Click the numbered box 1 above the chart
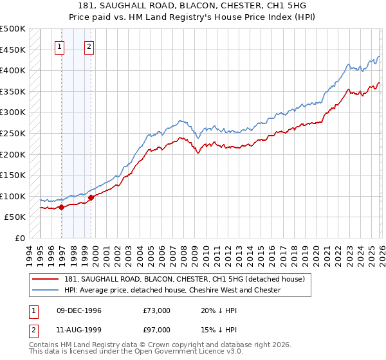pyautogui.click(x=59, y=46)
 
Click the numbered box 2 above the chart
pyautogui.click(x=88, y=46)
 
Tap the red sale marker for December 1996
pyautogui.click(x=62, y=207)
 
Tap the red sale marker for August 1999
pyautogui.click(x=91, y=197)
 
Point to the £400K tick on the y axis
pyautogui.click(x=14, y=70)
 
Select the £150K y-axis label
pyautogui.click(x=14, y=175)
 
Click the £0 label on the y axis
pyautogui.click(x=19, y=238)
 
